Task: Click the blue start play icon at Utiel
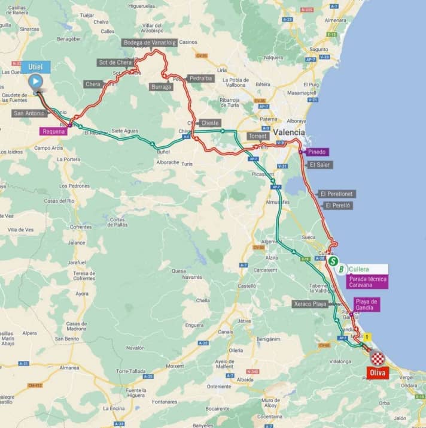click(x=36, y=81)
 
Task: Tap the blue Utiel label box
click(x=35, y=66)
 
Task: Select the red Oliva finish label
click(x=377, y=373)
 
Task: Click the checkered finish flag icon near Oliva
click(x=377, y=358)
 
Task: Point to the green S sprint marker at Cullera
click(x=333, y=261)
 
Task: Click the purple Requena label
click(x=54, y=131)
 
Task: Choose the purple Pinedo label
click(x=314, y=152)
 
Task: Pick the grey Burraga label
click(x=161, y=87)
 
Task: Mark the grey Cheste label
click(x=209, y=123)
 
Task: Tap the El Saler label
click(x=319, y=164)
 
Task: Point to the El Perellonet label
click(x=337, y=194)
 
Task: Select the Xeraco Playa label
click(x=311, y=304)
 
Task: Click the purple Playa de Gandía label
click(x=366, y=305)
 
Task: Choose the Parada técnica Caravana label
click(x=368, y=282)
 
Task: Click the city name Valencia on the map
click(x=289, y=132)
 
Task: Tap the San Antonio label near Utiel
click(x=28, y=113)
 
